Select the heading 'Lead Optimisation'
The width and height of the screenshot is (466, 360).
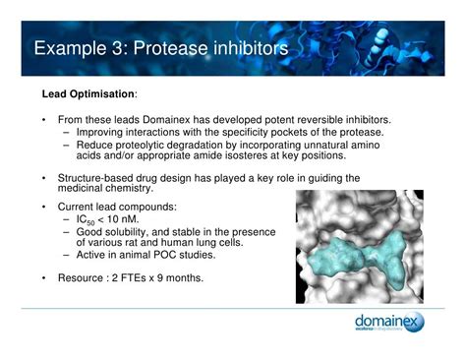click(87, 95)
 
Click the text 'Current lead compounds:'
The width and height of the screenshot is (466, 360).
click(117, 208)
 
